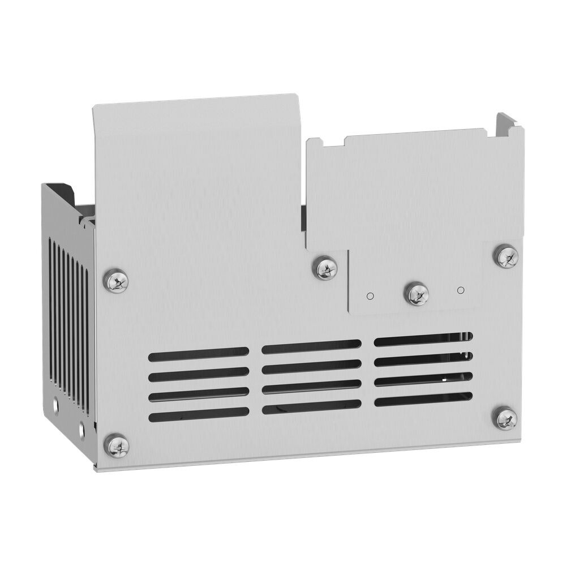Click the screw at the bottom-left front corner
click(117, 446)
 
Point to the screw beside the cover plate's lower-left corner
click(325, 268)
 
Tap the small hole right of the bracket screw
click(460, 290)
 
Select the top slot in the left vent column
click(199, 354)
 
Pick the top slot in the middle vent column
click(311, 347)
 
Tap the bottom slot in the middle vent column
click(311, 408)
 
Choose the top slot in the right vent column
click(423, 340)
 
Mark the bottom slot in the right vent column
click(423, 399)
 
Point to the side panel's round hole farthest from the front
click(56, 405)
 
